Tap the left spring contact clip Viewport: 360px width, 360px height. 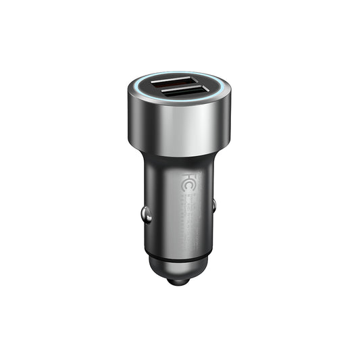(x=146, y=214)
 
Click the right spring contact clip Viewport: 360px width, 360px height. (x=214, y=205)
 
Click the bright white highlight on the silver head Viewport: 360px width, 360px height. (x=182, y=128)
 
